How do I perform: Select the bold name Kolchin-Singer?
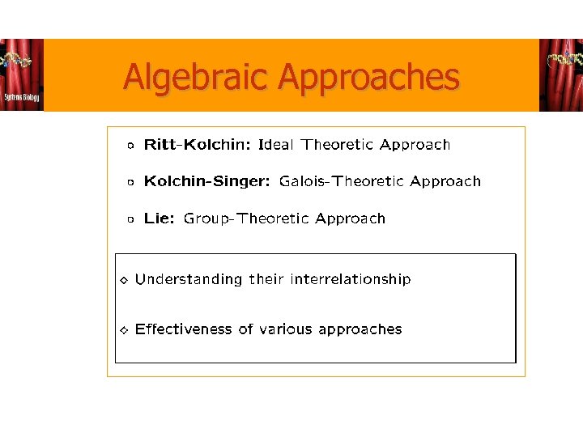pyautogui.click(x=208, y=181)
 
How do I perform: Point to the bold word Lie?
pyautogui.click(x=159, y=218)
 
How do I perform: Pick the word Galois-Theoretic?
pyautogui.click(x=340, y=181)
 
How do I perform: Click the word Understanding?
pyautogui.click(x=189, y=279)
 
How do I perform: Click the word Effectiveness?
pyautogui.click(x=184, y=329)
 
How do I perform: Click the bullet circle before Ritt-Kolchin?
pyautogui.click(x=130, y=146)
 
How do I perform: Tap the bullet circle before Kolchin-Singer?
pyautogui.click(x=130, y=183)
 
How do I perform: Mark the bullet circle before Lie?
pyautogui.click(x=130, y=219)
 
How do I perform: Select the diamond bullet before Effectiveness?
pyautogui.click(x=123, y=330)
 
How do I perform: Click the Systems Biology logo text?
pyautogui.click(x=21, y=97)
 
